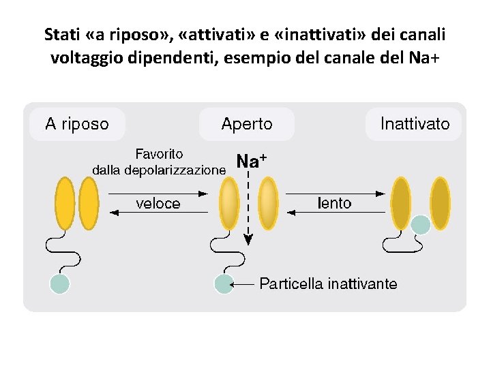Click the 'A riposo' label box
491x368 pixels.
click(x=76, y=124)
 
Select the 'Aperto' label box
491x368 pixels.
click(x=246, y=124)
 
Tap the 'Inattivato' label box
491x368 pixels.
click(x=415, y=124)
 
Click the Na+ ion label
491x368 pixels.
click(x=251, y=161)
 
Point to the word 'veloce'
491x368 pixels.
click(x=158, y=203)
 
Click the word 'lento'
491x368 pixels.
click(x=335, y=203)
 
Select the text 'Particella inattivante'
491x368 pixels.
click(x=328, y=283)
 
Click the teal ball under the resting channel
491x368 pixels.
click(x=60, y=283)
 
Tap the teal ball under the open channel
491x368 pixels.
click(x=224, y=283)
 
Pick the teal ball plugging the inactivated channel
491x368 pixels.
click(x=421, y=224)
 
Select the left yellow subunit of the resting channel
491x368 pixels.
click(x=65, y=202)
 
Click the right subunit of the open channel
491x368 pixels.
click(x=269, y=202)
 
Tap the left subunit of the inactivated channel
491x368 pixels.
click(x=400, y=202)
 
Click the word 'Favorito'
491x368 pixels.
click(x=159, y=155)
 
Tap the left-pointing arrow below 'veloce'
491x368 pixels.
click(x=158, y=213)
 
